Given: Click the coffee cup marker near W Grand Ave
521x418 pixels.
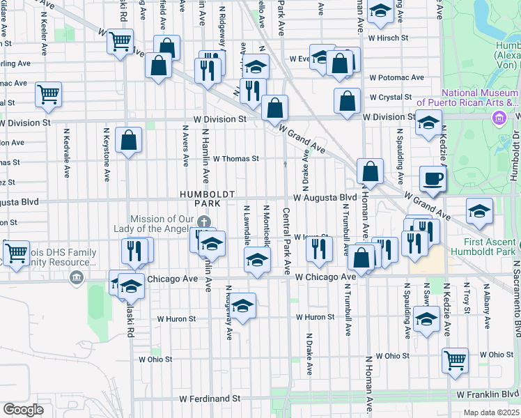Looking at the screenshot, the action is (x=433, y=178).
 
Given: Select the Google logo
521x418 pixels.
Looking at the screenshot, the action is (x=23, y=410).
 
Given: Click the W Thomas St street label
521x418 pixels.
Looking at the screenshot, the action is (x=235, y=159).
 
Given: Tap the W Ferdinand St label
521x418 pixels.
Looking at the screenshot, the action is (x=210, y=399).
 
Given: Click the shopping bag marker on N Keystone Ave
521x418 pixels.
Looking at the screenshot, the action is (x=129, y=141).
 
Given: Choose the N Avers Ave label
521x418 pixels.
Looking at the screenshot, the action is (x=185, y=146).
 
